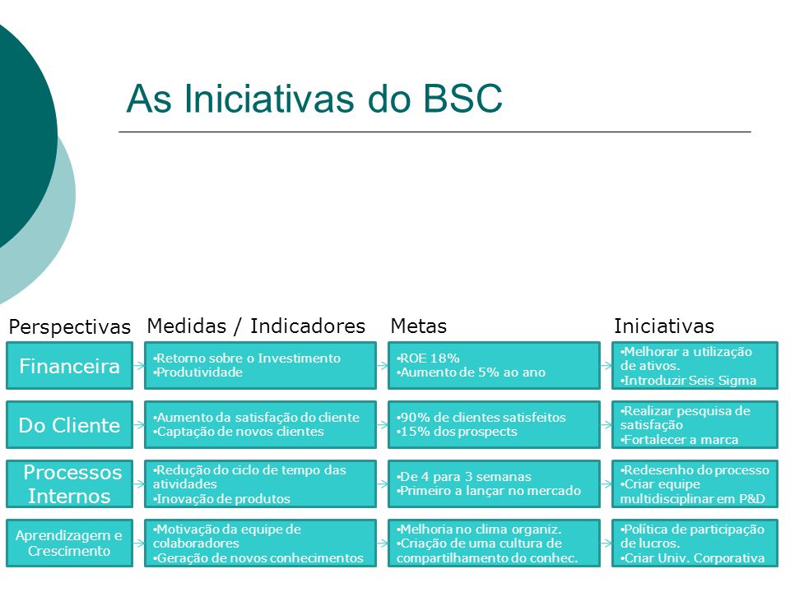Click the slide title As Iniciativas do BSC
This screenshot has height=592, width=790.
tap(314, 98)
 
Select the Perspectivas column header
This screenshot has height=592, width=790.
tap(69, 326)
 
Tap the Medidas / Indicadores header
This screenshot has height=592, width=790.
tap(256, 326)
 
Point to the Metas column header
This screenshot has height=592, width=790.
tap(419, 326)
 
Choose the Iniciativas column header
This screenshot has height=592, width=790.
tap(663, 326)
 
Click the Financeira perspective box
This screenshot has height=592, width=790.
tap(69, 365)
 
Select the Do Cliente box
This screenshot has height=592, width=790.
tap(69, 425)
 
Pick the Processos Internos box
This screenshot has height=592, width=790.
tap(69, 483)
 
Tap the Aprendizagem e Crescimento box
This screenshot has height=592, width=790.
tap(69, 543)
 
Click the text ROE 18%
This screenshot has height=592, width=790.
tap(428, 358)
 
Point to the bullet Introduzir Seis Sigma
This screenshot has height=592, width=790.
tap(688, 381)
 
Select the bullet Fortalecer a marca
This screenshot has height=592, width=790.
tap(679, 440)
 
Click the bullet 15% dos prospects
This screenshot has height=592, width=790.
tap(457, 432)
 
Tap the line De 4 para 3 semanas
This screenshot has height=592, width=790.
tap(464, 477)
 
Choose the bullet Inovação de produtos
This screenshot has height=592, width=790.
tap(221, 499)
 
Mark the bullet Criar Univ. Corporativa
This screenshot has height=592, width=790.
tap(692, 558)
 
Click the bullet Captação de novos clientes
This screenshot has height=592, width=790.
tap(239, 432)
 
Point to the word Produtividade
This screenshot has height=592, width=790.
tap(198, 372)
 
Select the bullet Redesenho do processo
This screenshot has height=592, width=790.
tap(695, 470)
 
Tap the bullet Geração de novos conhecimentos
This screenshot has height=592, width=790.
tap(258, 558)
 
